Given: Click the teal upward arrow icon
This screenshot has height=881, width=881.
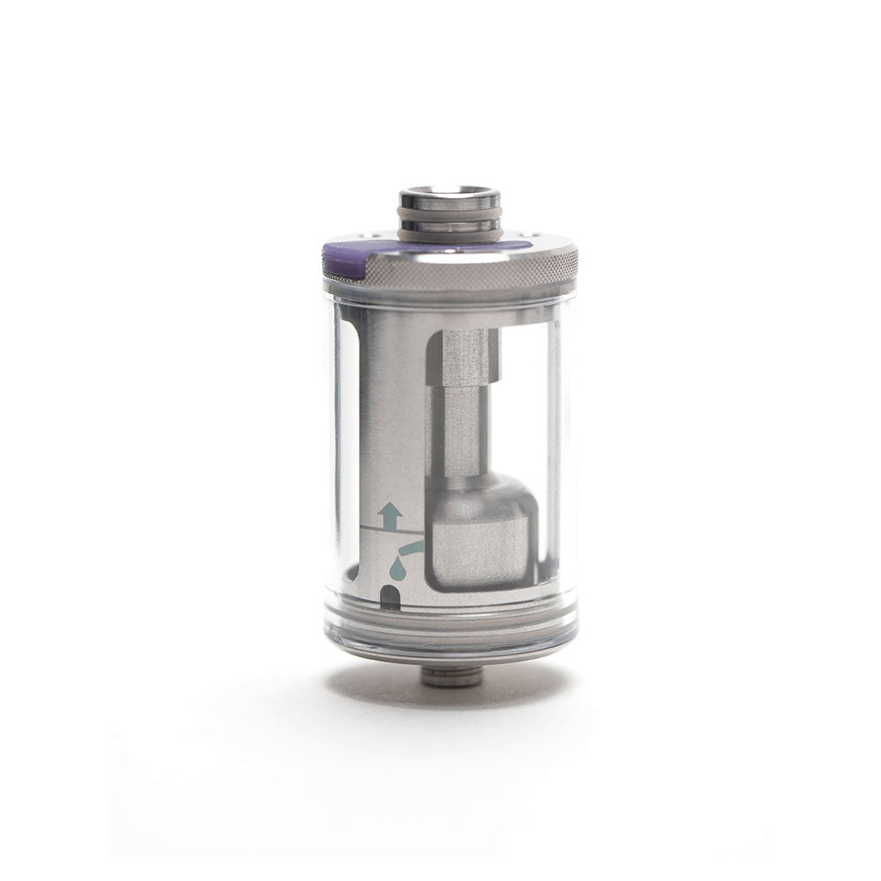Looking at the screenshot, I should [389, 513].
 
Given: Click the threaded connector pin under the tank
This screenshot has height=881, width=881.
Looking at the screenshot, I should [440, 677].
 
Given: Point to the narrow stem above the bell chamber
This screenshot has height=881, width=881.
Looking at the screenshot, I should [460, 432].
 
